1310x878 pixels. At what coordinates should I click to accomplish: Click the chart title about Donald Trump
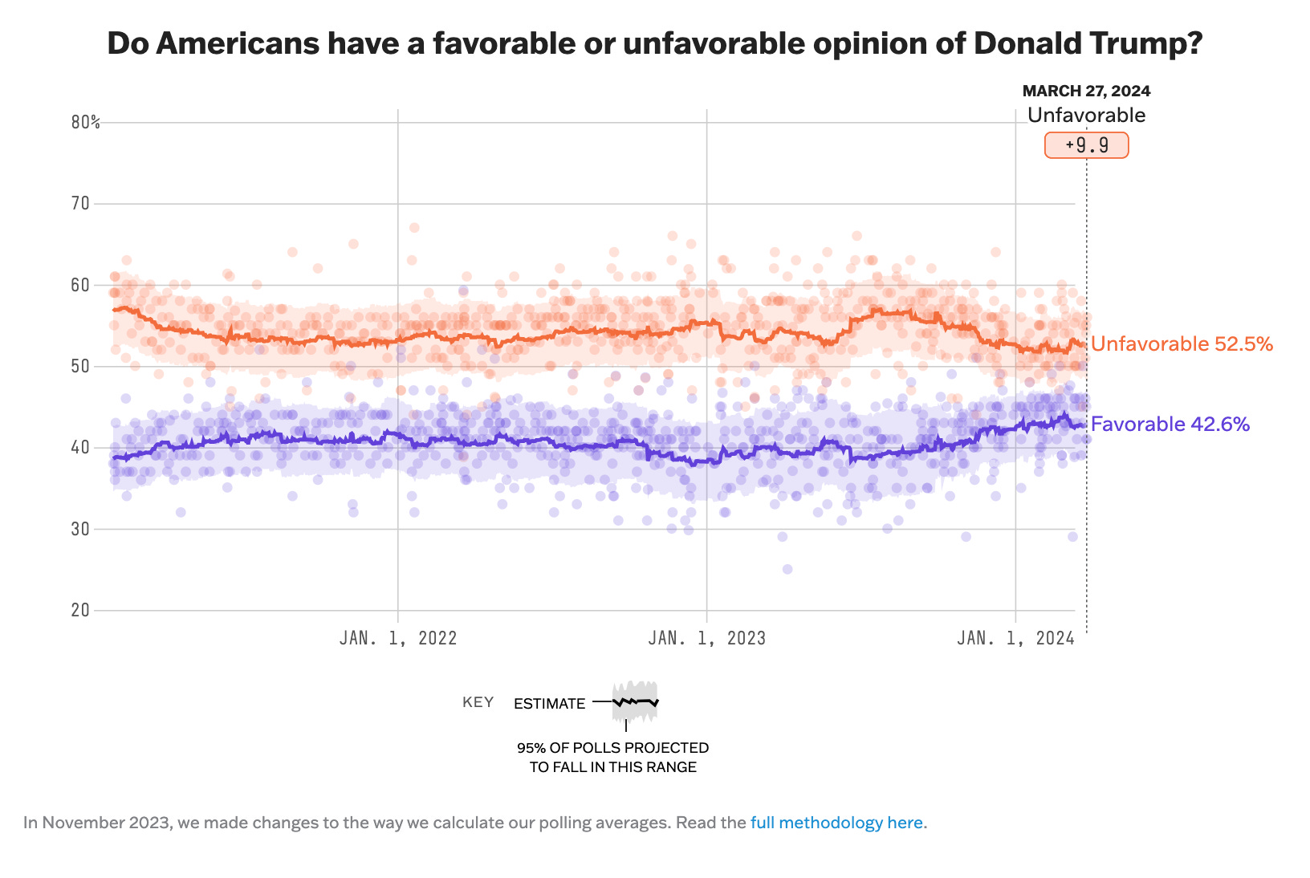click(x=654, y=43)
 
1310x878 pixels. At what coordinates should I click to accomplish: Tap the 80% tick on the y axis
click(x=85, y=122)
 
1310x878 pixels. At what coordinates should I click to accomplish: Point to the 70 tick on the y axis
click(x=80, y=204)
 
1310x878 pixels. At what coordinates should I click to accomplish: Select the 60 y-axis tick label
click(x=80, y=285)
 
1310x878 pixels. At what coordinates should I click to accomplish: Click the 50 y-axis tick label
click(x=80, y=367)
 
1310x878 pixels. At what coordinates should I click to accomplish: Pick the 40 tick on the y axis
click(x=80, y=448)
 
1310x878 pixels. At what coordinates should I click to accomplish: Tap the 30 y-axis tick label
click(x=80, y=529)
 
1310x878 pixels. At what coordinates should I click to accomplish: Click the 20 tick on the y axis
click(x=80, y=610)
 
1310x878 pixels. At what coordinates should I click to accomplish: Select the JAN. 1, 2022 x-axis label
click(x=398, y=638)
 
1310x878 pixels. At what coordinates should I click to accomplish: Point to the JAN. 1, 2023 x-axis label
click(x=706, y=638)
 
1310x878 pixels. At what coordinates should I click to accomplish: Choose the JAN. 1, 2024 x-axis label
click(x=1015, y=638)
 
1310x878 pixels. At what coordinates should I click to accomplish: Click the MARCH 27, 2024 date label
click(x=1086, y=91)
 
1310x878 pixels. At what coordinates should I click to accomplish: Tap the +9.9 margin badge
click(x=1086, y=145)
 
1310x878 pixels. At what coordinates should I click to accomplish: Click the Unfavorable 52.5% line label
click(x=1182, y=344)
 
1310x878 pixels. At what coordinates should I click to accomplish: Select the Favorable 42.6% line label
click(x=1170, y=425)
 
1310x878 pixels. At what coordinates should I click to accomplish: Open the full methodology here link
click(x=836, y=823)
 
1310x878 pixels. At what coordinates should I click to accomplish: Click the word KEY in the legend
click(x=478, y=703)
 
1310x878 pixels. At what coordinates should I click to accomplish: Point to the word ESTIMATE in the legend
click(x=550, y=704)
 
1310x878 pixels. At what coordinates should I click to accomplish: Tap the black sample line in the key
click(x=635, y=702)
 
